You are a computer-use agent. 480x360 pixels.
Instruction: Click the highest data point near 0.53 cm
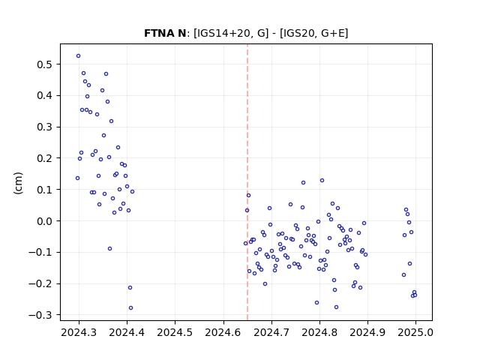[x=78, y=56]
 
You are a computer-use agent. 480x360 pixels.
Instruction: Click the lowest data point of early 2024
[x=130, y=308]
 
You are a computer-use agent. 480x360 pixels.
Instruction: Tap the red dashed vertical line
[x=247, y=182]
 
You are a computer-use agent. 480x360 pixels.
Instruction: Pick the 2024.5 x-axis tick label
[x=175, y=332]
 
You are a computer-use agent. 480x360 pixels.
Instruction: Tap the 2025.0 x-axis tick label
[x=415, y=332]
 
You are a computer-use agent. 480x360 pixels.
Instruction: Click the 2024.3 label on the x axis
[x=79, y=332]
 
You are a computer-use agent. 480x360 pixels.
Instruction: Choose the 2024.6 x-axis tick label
[x=223, y=332]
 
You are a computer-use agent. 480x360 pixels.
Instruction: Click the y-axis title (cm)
[x=18, y=183]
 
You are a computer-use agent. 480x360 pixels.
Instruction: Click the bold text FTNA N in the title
[x=165, y=33]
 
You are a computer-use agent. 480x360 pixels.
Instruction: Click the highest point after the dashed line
[x=322, y=181]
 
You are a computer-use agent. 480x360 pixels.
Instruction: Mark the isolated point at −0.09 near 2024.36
[x=110, y=249]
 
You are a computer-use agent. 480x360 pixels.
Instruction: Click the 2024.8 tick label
[x=319, y=332]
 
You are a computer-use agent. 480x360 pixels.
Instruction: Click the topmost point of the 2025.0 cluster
[x=406, y=210]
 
